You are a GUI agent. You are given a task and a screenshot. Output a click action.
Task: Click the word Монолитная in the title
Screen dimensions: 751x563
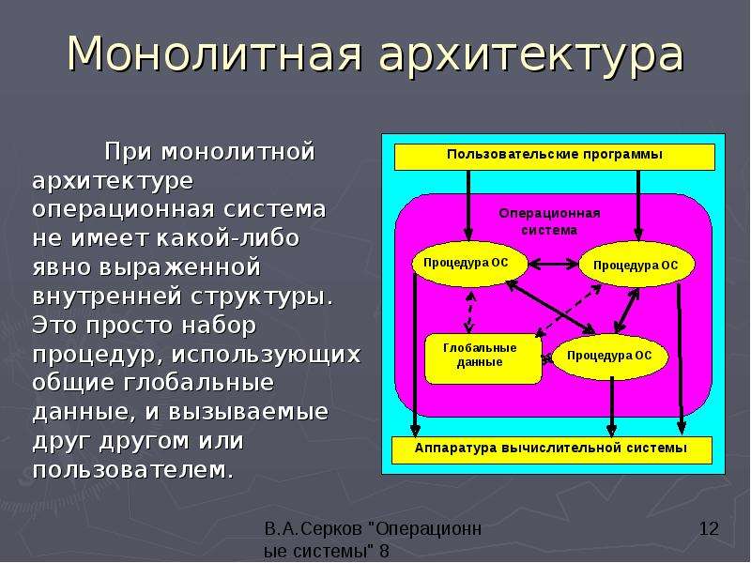(x=214, y=53)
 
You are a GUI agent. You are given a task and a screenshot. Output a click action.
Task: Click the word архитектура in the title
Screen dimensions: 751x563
(x=531, y=56)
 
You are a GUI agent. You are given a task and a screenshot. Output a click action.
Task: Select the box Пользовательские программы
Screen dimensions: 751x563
(x=555, y=157)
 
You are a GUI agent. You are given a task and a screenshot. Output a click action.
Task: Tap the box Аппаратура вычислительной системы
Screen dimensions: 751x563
(x=552, y=450)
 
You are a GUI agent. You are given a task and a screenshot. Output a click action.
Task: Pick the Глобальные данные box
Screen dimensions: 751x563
(x=483, y=358)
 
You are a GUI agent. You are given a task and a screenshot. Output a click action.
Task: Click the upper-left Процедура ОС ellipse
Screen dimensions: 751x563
(x=470, y=264)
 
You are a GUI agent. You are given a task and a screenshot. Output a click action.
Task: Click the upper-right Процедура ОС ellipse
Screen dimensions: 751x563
(x=637, y=265)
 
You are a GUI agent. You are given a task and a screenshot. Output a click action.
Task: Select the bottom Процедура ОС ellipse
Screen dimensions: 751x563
(x=610, y=357)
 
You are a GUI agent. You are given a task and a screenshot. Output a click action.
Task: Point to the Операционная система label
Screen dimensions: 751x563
(x=549, y=221)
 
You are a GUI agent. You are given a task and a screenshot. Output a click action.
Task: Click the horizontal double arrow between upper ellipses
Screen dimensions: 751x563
(x=553, y=264)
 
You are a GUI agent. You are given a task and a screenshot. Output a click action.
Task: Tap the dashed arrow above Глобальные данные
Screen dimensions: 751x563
(x=470, y=312)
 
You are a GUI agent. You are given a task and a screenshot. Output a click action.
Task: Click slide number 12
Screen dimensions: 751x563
(x=710, y=529)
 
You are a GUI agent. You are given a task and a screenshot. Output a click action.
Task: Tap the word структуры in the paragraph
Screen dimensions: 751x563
(x=262, y=297)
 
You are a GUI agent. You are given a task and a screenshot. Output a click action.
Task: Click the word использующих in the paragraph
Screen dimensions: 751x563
(x=266, y=356)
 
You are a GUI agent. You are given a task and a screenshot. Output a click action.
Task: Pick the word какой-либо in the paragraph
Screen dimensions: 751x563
(x=228, y=238)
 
